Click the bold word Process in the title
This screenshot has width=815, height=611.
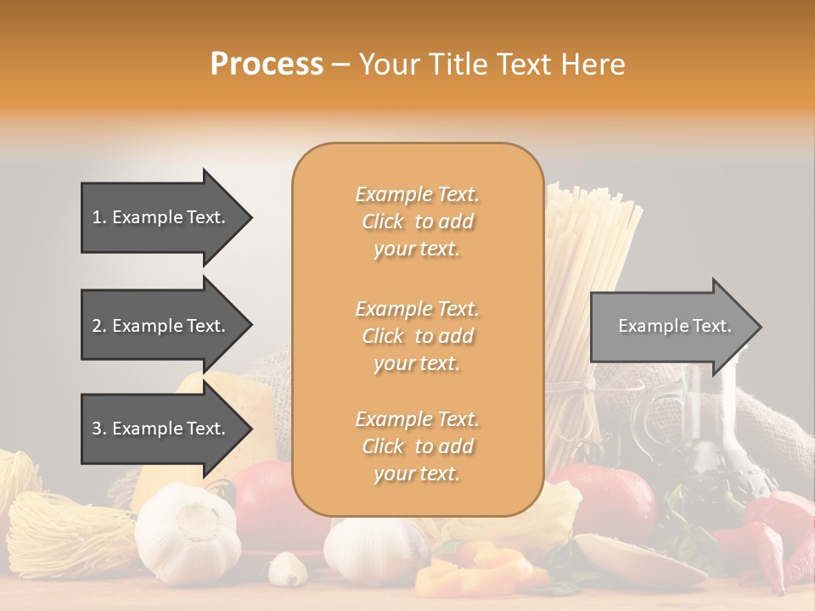tap(267, 64)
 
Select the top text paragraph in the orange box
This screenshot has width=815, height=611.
tap(417, 221)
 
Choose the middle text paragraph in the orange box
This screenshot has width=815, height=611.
tap(417, 336)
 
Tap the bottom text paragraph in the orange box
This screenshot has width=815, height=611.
tap(417, 446)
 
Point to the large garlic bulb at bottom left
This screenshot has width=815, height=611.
tap(187, 535)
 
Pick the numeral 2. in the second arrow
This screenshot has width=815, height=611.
tap(99, 326)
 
